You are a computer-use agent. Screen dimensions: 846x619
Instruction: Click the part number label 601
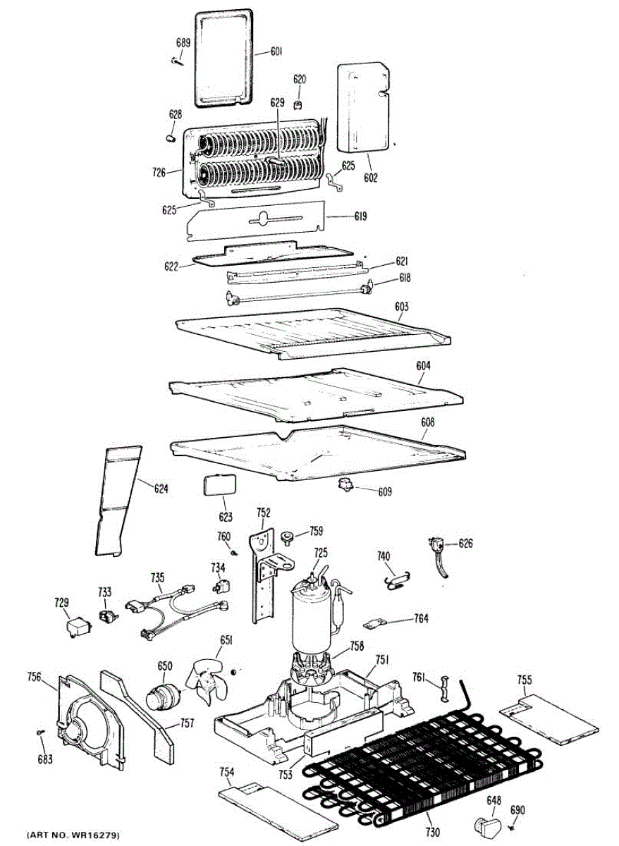click(x=276, y=51)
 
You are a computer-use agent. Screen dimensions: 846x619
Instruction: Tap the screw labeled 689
click(x=178, y=61)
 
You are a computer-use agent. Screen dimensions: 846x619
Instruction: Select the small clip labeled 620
click(x=299, y=106)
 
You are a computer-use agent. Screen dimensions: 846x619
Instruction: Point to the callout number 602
click(x=371, y=178)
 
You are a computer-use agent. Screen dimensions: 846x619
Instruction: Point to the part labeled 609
click(x=346, y=485)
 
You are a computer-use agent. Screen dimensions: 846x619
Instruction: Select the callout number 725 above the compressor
click(x=321, y=553)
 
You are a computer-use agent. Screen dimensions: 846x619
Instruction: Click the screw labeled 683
click(x=40, y=733)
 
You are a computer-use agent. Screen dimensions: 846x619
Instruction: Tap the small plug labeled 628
click(x=171, y=136)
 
